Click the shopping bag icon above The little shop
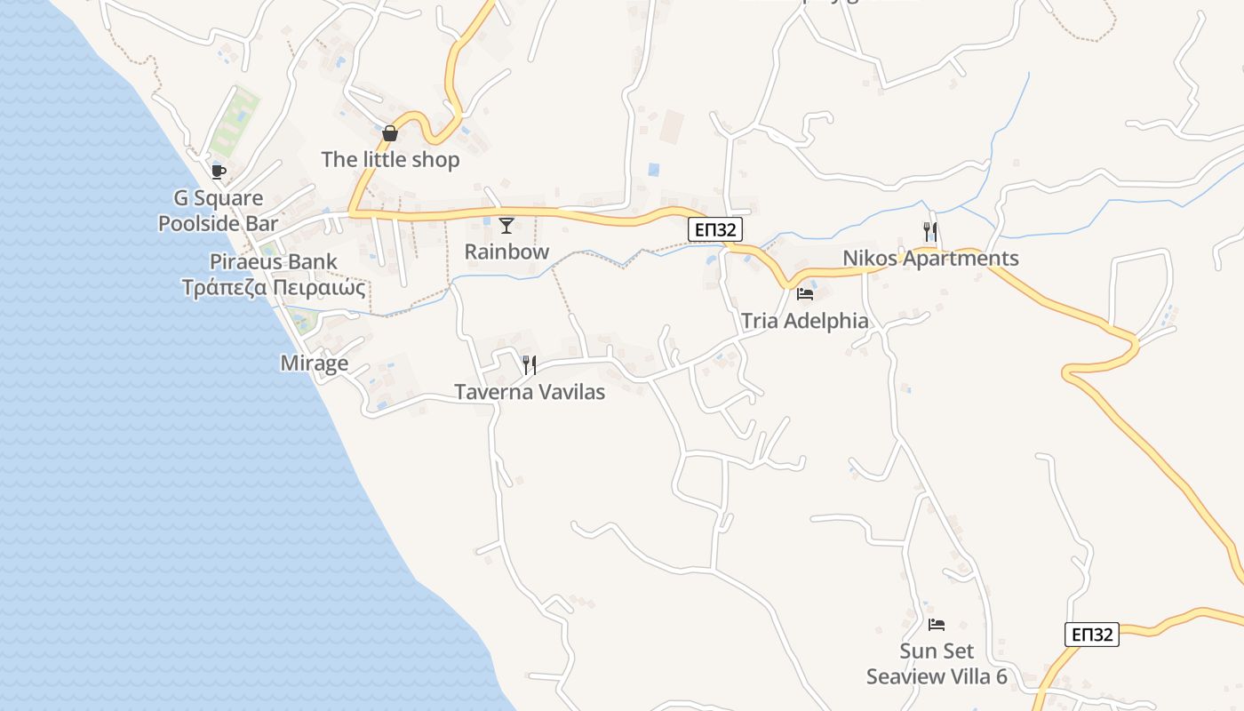point(389,134)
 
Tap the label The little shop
point(390,160)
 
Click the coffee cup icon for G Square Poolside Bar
point(218,172)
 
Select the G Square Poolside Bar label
point(218,211)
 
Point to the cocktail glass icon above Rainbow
point(506,226)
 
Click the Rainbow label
point(506,252)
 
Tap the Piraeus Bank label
point(274,261)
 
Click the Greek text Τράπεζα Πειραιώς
point(274,288)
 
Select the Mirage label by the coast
point(314,363)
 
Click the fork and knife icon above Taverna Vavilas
point(530,365)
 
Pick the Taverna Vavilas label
point(530,392)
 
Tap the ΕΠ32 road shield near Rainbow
point(715,230)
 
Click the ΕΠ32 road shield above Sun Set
point(1091,635)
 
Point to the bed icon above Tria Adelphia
point(805,294)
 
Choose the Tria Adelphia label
point(804,321)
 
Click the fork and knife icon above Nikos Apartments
point(930,232)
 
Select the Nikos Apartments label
point(930,259)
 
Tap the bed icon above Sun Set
point(937,625)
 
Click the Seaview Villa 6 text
point(937,677)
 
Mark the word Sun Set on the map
point(937,651)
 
